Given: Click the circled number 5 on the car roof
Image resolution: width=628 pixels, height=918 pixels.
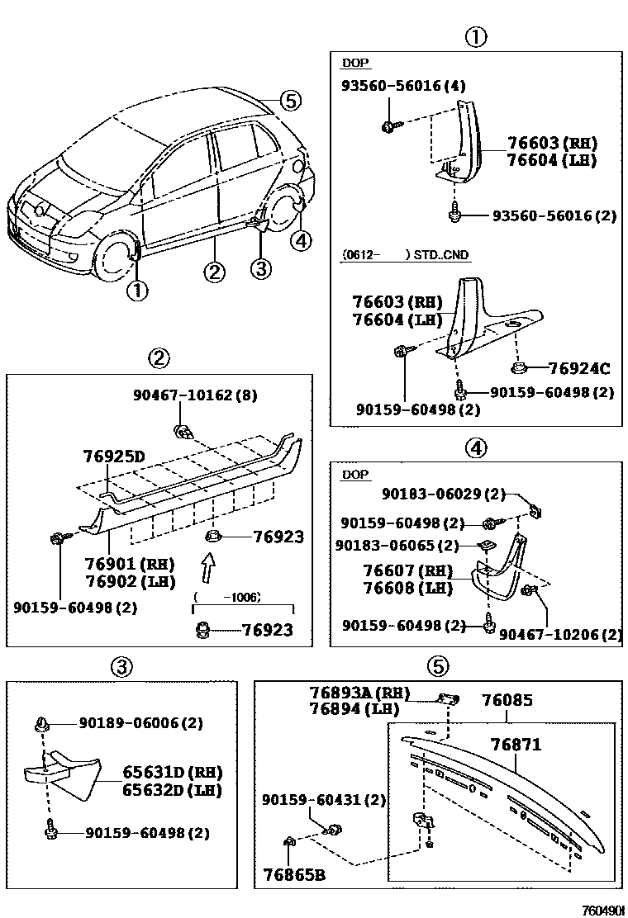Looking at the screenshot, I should click(288, 101).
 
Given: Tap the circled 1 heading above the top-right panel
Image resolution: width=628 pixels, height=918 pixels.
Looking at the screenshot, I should click(475, 37).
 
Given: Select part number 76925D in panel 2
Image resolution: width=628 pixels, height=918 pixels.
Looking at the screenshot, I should click(113, 456).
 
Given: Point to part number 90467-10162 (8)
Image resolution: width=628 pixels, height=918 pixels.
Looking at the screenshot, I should click(195, 395).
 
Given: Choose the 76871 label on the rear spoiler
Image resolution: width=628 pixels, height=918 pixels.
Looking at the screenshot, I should click(517, 745).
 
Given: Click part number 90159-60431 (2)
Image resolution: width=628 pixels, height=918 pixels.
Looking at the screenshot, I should click(323, 800).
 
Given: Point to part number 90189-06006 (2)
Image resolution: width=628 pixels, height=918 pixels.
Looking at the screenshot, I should click(140, 723).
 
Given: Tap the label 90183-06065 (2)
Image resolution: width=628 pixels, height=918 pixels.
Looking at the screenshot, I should click(397, 546).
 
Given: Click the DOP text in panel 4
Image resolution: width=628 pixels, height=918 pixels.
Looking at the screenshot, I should click(355, 476).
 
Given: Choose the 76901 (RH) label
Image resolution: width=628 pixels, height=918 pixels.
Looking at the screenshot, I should click(129, 564).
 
